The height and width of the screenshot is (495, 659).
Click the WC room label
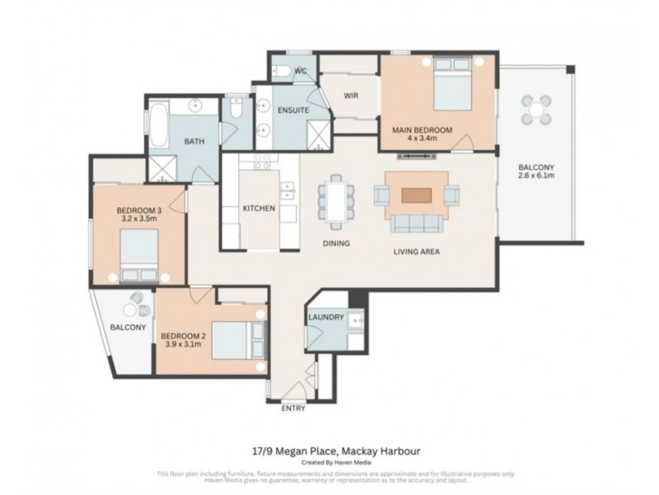coord(301,72)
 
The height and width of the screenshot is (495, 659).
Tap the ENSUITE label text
coord(292,110)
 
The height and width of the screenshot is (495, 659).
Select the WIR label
coord(351,96)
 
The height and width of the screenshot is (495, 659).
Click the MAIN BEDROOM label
coord(421,130)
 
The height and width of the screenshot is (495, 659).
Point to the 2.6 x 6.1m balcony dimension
coord(535,176)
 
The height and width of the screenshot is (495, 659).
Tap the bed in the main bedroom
coord(452,87)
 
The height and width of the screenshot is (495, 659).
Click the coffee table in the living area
coord(416,196)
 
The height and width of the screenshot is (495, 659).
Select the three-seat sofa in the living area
coord(416,224)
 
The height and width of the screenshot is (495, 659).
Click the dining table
coord(336,203)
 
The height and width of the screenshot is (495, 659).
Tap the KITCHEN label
coord(258,209)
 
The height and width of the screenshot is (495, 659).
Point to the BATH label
coord(194,142)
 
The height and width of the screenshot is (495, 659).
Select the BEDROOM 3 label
coord(138,211)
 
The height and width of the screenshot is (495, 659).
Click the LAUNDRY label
coord(325,318)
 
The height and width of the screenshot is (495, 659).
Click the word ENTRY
coord(292,408)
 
